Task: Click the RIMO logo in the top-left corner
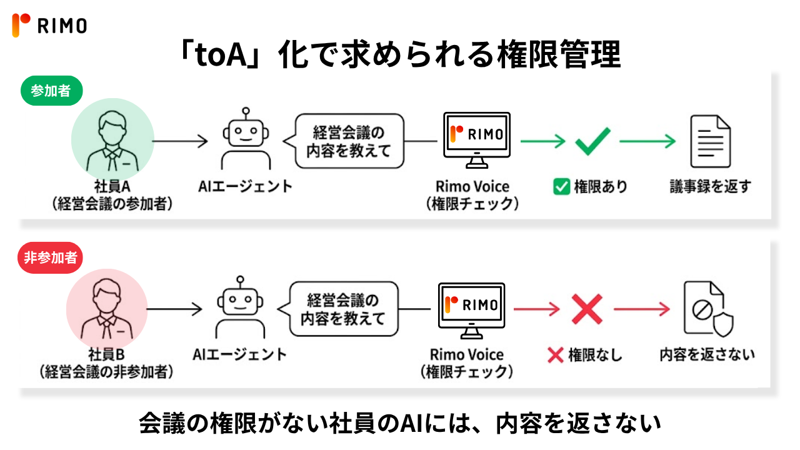pos(49,26)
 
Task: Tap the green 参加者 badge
pos(51,91)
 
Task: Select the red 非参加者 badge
pos(50,258)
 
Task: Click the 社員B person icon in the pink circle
pos(107,309)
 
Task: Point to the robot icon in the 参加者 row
pos(246,139)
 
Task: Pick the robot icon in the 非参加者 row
pos(240,307)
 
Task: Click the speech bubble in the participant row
pos(344,141)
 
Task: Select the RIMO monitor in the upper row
pos(477,140)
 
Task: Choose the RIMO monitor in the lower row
pos(471,311)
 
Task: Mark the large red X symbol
pos(587,309)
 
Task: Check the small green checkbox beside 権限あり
pos(561,186)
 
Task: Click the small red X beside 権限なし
pos(556,356)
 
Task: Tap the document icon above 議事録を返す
pos(711,141)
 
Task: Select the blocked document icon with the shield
pos(709,309)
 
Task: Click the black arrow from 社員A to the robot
pos(181,141)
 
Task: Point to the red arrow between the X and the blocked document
pos(642,309)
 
